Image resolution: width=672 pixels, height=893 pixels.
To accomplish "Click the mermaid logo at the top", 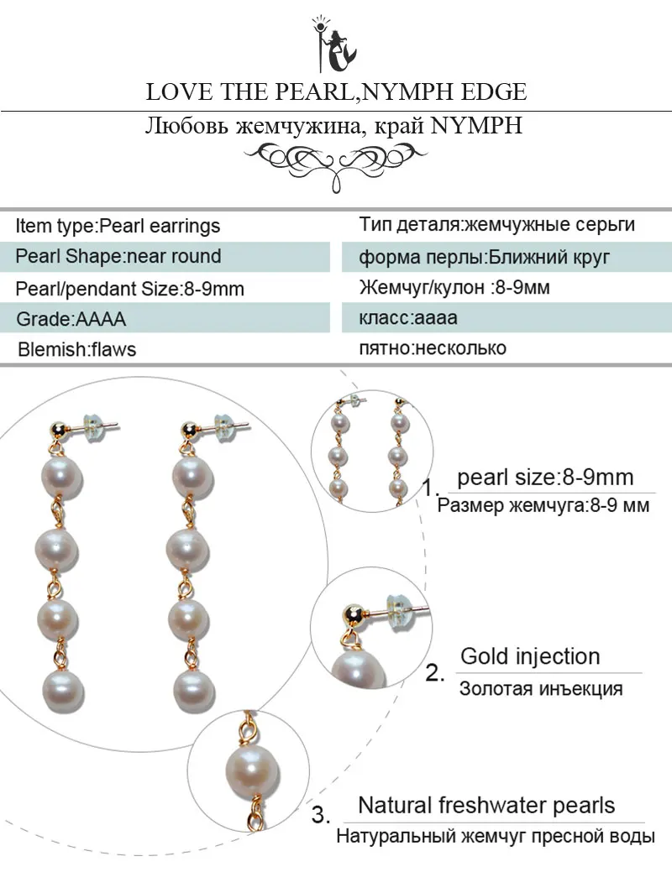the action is pyautogui.click(x=334, y=44).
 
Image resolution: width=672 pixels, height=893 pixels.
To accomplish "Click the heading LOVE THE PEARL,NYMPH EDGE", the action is pyautogui.click(x=336, y=91).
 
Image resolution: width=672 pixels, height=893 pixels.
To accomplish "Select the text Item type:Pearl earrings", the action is pyautogui.click(x=118, y=226).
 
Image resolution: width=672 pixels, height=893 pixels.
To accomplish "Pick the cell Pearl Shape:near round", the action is pyautogui.click(x=165, y=257).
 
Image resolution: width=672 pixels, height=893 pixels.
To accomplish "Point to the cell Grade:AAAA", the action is pyautogui.click(x=165, y=318).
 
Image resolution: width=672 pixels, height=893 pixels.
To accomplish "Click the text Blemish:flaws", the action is pyautogui.click(x=77, y=349).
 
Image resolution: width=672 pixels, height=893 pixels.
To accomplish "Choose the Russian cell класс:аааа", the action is pyautogui.click(x=507, y=318).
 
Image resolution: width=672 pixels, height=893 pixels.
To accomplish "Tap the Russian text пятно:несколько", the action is pyautogui.click(x=433, y=348).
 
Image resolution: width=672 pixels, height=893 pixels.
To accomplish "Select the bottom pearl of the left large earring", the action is pyautogui.click(x=62, y=689).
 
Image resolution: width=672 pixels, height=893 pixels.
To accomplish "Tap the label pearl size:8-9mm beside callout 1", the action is pyautogui.click(x=545, y=478).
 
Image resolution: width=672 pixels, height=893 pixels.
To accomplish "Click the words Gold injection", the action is pyautogui.click(x=530, y=656).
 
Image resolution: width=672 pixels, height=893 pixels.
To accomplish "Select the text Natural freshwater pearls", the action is pyautogui.click(x=486, y=806).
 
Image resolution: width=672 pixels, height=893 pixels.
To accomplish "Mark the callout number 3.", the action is pyautogui.click(x=320, y=815).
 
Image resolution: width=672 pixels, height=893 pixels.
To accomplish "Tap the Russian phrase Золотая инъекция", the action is pyautogui.click(x=541, y=688).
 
